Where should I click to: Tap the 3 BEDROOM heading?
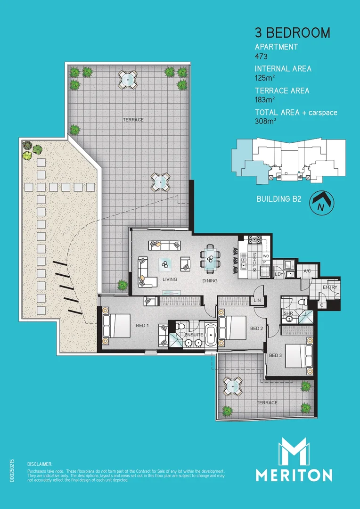292,33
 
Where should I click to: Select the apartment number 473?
262,56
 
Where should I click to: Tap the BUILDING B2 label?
278,199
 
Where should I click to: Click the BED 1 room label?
142,325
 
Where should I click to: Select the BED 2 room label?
256,328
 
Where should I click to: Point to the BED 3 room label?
275,355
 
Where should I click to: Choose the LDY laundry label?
279,274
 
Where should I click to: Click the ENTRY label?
330,287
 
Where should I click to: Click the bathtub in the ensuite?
211,335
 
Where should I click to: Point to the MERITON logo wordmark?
294,474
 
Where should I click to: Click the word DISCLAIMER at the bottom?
40,464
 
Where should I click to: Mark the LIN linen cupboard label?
257,300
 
